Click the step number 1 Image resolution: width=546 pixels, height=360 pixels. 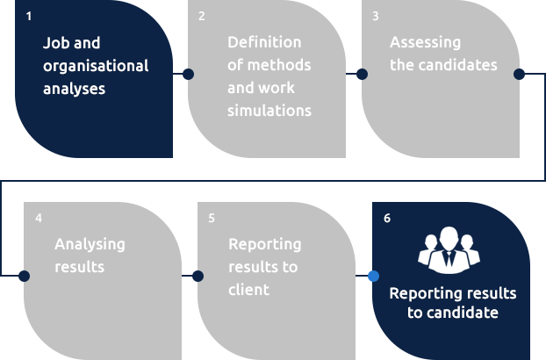point(29,17)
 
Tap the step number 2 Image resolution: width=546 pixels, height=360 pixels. point(202,17)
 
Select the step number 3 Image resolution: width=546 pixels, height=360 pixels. point(376,17)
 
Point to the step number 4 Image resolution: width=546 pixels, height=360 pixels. point(39,219)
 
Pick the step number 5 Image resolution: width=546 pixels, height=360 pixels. point(212,219)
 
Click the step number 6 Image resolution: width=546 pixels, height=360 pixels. point(387,219)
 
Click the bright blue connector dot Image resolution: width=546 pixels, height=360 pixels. point(373,276)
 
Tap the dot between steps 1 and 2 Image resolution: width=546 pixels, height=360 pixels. point(188,74)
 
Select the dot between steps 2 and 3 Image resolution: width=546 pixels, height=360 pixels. point(363,74)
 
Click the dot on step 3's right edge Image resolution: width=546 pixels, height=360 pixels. point(519,74)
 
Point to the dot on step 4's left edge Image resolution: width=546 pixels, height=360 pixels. point(24,276)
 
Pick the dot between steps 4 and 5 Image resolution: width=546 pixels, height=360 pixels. point(198,276)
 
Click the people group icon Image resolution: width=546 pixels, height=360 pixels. point(449,250)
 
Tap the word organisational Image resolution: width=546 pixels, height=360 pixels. point(96,67)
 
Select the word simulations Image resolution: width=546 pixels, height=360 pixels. point(269,111)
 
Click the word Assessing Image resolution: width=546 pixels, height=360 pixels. point(425,43)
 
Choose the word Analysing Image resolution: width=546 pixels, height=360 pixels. point(90,245)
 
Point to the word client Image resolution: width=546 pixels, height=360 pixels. point(249,290)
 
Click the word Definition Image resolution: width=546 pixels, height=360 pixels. point(264,42)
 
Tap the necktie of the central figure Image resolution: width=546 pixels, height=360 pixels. point(449,259)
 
